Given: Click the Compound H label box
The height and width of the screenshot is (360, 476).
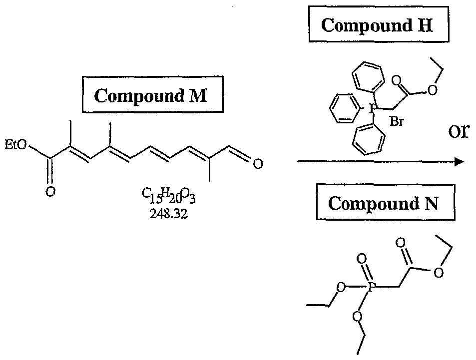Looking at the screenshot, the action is pyautogui.click(x=377, y=25).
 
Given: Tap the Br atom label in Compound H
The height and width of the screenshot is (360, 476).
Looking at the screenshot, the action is pyautogui.click(x=397, y=121).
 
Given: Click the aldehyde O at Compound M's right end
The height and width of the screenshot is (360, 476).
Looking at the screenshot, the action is pyautogui.click(x=258, y=164).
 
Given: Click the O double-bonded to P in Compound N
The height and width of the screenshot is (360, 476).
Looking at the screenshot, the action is pyautogui.click(x=362, y=259).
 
